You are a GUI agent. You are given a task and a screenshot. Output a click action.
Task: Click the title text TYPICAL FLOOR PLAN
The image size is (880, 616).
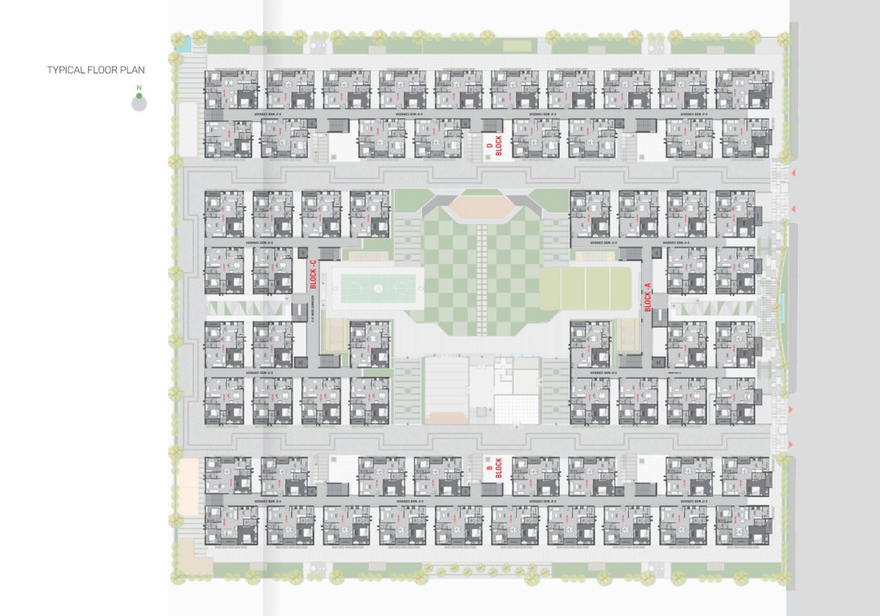click(x=95, y=71)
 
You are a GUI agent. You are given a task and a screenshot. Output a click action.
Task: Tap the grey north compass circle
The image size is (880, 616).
click(x=140, y=103)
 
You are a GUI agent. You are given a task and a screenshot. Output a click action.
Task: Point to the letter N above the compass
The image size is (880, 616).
click(x=140, y=87)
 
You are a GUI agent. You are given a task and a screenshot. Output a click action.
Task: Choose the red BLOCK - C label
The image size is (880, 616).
click(x=314, y=274)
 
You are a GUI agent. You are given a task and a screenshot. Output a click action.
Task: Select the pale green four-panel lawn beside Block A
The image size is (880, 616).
click(x=586, y=289)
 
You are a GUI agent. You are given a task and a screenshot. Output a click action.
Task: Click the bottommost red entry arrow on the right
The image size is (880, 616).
click(x=792, y=444)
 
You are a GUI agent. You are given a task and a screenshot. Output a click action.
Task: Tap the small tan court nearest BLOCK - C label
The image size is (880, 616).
click(x=333, y=330)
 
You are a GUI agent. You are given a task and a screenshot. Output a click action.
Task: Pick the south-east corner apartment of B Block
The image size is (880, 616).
click(x=746, y=525)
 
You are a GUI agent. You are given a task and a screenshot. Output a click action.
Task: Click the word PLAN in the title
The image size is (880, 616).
click(x=131, y=71)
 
